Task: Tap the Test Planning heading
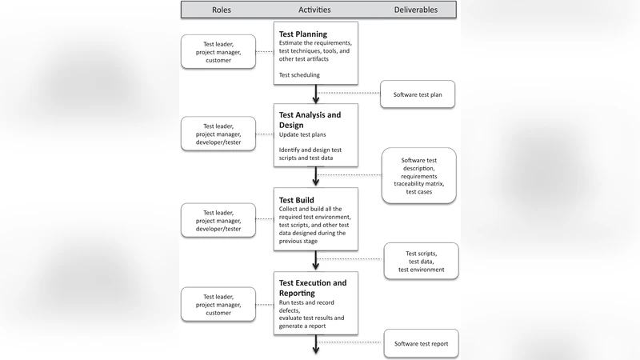pos(304,34)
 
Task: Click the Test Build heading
pos(296,200)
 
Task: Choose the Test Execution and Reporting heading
pos(313,287)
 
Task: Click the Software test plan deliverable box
pos(418,94)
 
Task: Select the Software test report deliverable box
pos(422,343)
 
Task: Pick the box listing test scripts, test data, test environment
pos(422,262)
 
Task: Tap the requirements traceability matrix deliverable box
pos(418,175)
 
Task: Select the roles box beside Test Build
pos(219,221)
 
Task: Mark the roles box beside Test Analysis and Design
pos(219,134)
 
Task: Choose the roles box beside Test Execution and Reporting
pos(219,305)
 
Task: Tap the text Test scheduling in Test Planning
pos(299,75)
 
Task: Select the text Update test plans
pos(302,134)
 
